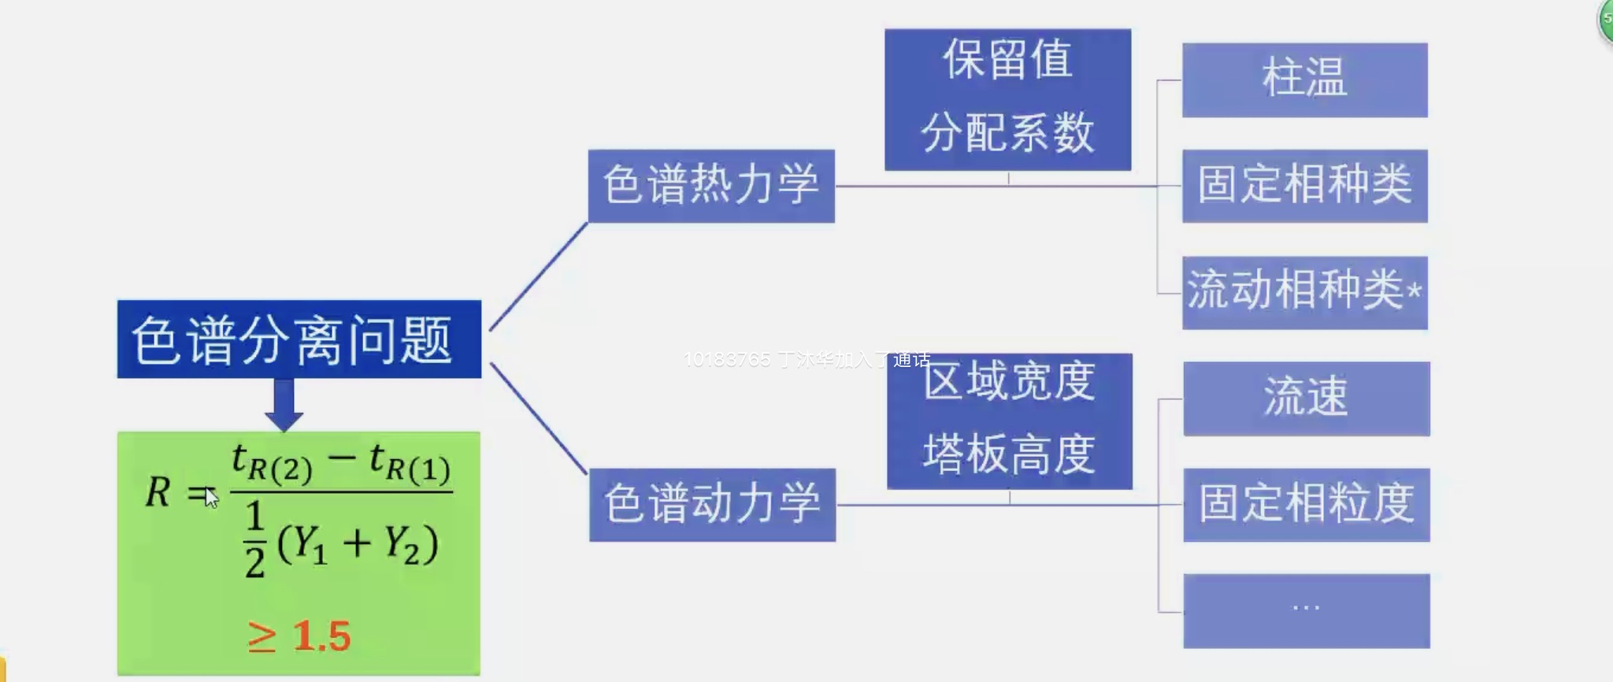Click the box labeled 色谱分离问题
tap(298, 339)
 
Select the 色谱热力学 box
tap(711, 186)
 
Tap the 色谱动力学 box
tap(712, 504)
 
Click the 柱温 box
tap(1304, 80)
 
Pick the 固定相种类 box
tap(1304, 186)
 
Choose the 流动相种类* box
tap(1304, 292)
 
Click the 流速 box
tap(1306, 398)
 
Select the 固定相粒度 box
tap(1306, 505)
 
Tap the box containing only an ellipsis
tap(1306, 610)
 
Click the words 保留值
tap(1007, 61)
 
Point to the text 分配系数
tap(1007, 132)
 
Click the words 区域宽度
tap(1009, 382)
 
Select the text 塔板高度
tap(1009, 454)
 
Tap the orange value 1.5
tap(321, 636)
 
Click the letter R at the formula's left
tap(158, 492)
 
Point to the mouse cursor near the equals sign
tap(210, 497)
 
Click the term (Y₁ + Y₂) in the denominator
tap(357, 543)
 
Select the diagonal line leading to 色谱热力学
tap(538, 276)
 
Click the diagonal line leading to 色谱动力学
tap(539, 418)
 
